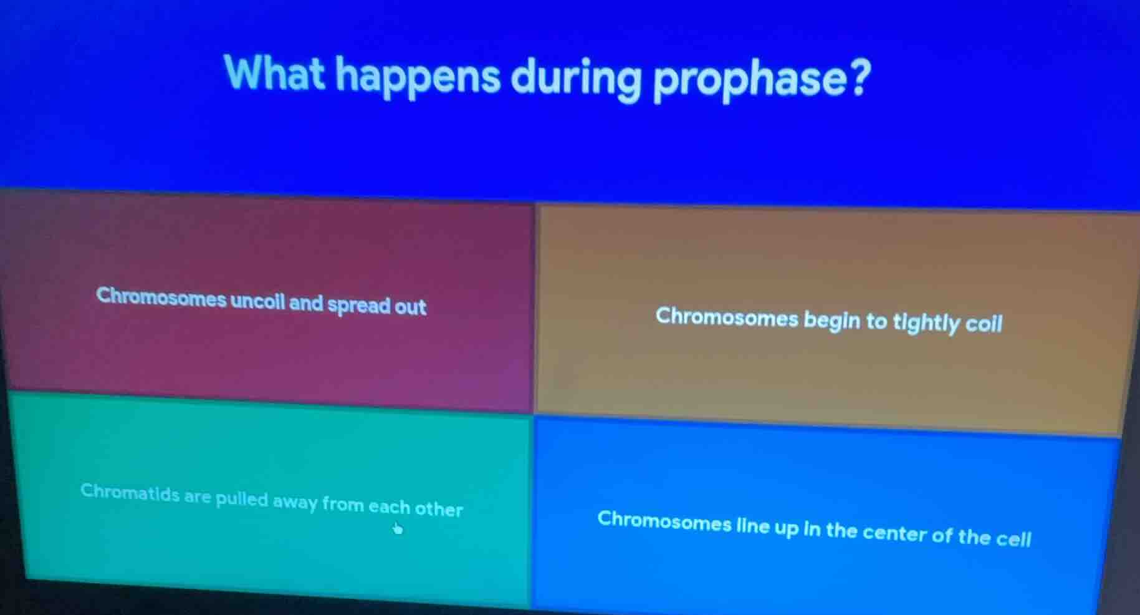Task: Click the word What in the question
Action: coord(274,74)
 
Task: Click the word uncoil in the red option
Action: coord(258,302)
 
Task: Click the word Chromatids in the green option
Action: coord(130,493)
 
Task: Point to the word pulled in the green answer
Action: coord(242,500)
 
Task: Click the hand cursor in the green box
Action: coord(397,528)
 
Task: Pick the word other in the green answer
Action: coord(439,509)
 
